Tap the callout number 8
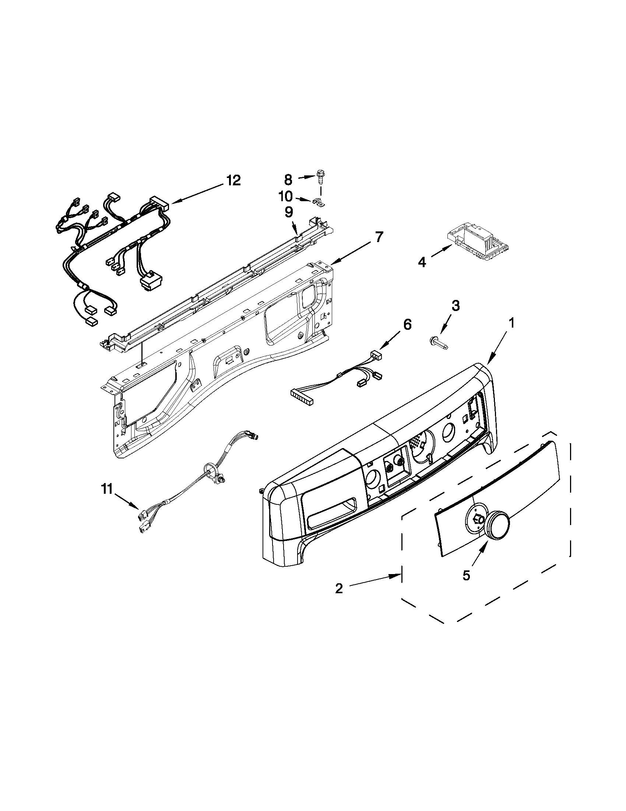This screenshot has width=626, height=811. pyautogui.click(x=288, y=180)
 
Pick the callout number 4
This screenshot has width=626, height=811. pyautogui.click(x=422, y=262)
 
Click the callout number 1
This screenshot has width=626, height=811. pyautogui.click(x=511, y=324)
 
